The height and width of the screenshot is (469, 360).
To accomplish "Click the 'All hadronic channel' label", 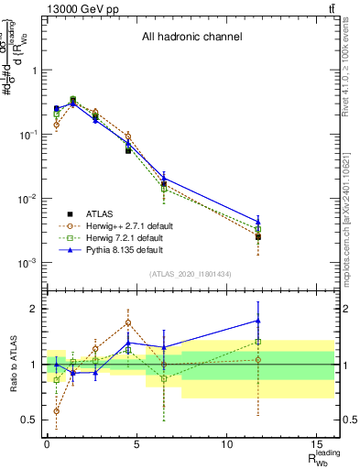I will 191,38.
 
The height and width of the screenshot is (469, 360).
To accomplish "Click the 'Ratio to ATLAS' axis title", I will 12,365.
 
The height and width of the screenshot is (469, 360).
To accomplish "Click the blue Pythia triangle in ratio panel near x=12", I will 258,321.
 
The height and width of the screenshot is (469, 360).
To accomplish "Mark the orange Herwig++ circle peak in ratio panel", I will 128,322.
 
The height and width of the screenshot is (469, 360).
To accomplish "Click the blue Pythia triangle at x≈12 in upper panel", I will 258,222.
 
